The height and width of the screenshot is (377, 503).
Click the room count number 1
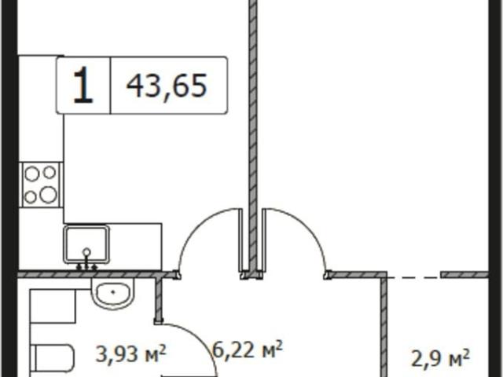pyautogui.click(x=83, y=85)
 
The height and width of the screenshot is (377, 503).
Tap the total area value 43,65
pyautogui.click(x=167, y=86)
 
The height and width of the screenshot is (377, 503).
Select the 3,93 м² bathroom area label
pyautogui.click(x=131, y=353)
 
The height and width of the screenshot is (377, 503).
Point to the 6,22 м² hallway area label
pyautogui.click(x=248, y=350)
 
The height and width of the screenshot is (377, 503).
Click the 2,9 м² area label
pyautogui.click(x=440, y=357)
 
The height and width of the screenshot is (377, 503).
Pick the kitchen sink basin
pyautogui.click(x=86, y=244)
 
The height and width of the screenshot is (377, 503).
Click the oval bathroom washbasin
pyautogui.click(x=112, y=294)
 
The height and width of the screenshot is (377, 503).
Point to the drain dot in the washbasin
pyautogui.click(x=113, y=292)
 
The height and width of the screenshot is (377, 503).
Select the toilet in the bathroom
pyautogui.click(x=53, y=358)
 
